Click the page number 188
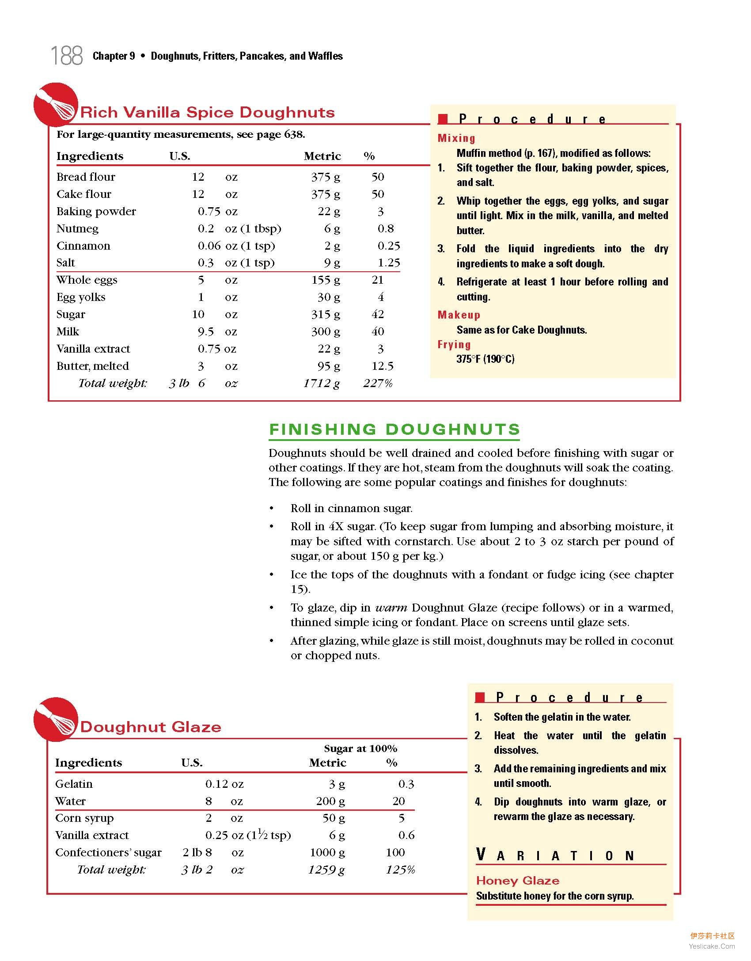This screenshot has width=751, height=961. click(67, 56)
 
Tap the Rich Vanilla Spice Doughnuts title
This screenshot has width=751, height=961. click(207, 112)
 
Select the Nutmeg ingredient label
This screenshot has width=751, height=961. click(77, 229)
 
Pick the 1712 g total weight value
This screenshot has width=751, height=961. click(321, 383)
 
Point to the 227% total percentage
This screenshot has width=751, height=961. click(378, 383)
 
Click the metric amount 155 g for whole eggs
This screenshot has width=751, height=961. click(326, 280)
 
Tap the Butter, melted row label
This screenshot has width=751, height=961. click(93, 366)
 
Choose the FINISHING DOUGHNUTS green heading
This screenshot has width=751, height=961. click(394, 429)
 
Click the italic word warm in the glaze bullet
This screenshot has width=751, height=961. click(391, 608)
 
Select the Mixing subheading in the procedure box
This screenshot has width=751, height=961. click(456, 138)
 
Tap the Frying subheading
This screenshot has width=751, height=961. click(454, 345)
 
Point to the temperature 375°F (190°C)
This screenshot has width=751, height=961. click(485, 359)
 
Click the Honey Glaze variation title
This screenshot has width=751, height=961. click(518, 881)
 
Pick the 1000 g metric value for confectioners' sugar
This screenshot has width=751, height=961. click(327, 852)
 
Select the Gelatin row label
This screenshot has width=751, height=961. click(74, 784)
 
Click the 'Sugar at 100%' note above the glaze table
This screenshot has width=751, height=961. click(360, 748)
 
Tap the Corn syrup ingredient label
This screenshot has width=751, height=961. click(84, 818)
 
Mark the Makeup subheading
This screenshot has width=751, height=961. click(459, 315)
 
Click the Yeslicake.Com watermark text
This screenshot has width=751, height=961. click(712, 946)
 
